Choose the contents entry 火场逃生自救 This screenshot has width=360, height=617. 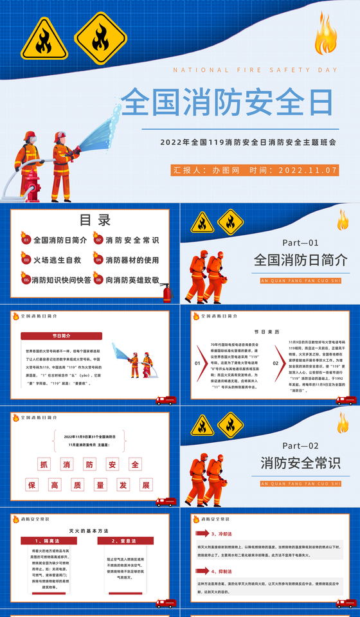(x=57, y=260)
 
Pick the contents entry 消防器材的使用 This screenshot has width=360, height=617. (x=132, y=260)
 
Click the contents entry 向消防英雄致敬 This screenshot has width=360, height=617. (x=132, y=280)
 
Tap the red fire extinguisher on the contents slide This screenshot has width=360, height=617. (x=167, y=292)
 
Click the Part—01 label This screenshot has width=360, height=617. (x=300, y=243)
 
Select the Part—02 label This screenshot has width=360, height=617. (x=300, y=445)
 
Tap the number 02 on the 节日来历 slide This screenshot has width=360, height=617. (x=275, y=363)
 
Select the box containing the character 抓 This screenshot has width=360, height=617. (x=44, y=465)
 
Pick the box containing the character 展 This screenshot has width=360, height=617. (x=147, y=485)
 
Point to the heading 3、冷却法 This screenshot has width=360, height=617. (x=222, y=533)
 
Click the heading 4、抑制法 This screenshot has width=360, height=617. (x=222, y=571)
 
